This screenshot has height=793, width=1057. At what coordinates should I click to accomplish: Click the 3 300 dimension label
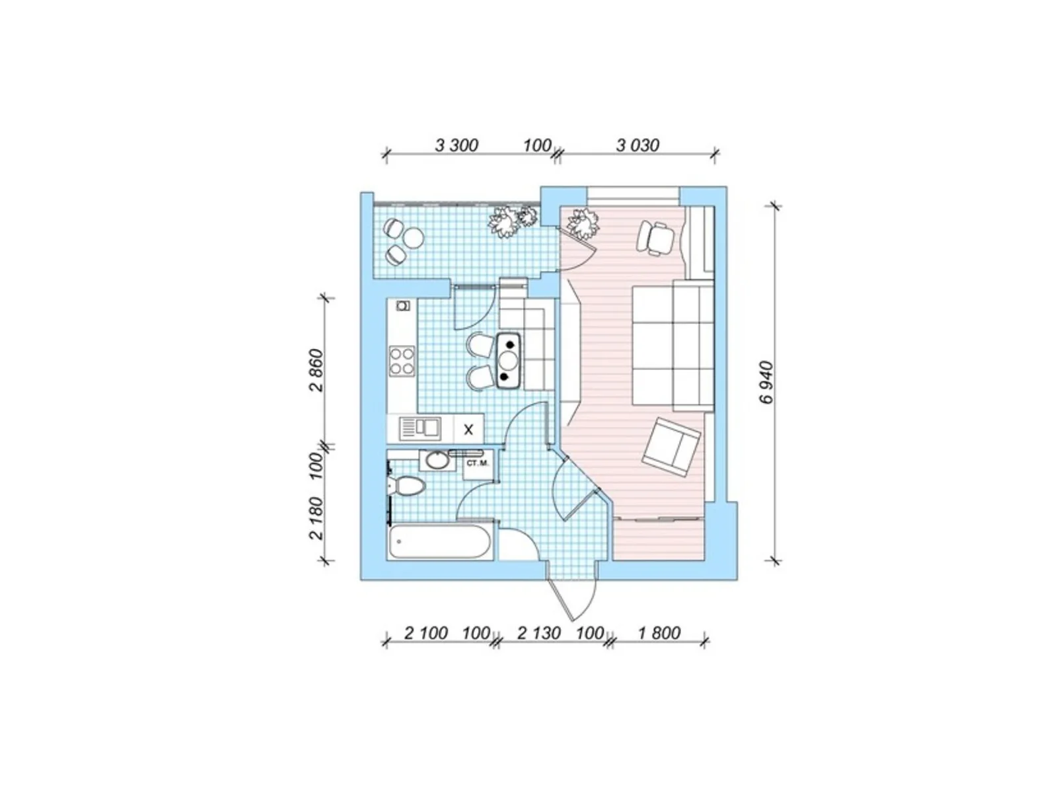456,145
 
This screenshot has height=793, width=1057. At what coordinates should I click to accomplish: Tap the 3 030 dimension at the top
638,145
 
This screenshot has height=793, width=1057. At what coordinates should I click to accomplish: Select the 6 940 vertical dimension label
765,383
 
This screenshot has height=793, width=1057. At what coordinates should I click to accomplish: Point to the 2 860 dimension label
317,371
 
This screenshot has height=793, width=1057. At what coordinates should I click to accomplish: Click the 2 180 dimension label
317,518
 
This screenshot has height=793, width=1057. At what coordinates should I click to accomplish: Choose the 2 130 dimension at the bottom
539,632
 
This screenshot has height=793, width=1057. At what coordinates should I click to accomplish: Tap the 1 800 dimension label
659,632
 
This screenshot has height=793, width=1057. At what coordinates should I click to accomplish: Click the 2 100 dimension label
426,632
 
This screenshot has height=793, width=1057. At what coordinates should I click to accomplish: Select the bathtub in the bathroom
439,542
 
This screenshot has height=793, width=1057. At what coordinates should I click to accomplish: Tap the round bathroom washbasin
437,461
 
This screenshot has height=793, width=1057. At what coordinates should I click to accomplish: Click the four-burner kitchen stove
402,361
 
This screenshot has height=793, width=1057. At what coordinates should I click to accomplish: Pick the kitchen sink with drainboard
420,428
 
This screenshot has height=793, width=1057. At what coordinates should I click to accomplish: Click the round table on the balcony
413,237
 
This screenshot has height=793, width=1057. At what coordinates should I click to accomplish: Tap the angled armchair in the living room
671,447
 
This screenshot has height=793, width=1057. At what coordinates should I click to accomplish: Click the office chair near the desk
655,237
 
